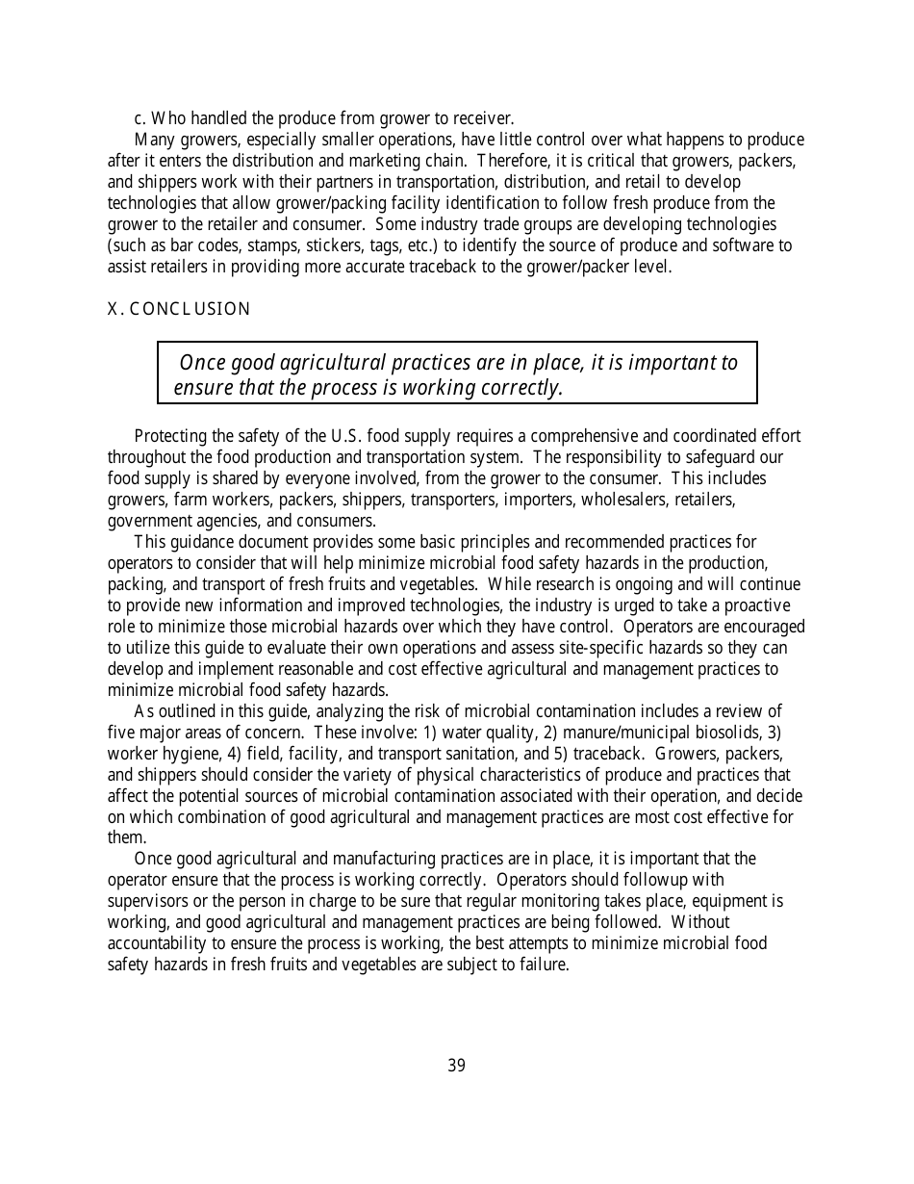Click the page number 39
coord(456,1066)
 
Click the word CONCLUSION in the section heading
coord(190,309)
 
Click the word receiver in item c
coord(478,118)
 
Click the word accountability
coord(154,943)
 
